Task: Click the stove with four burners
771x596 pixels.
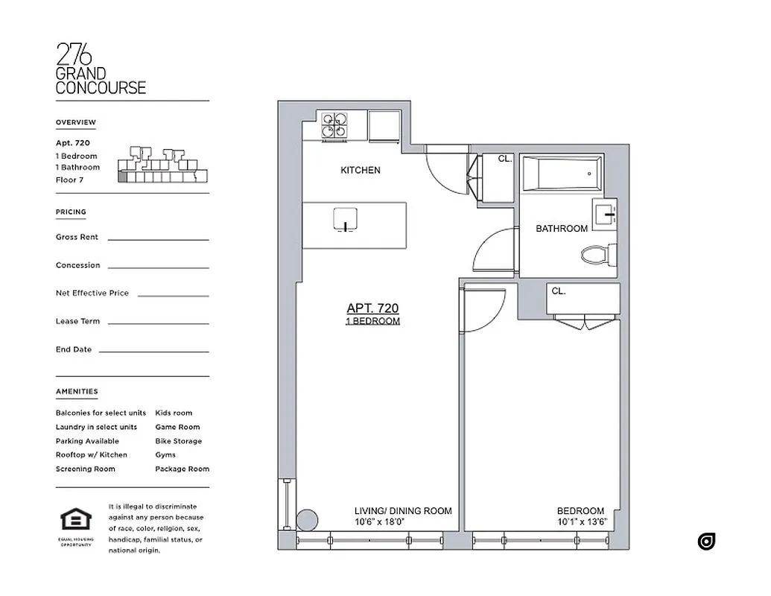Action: pos(334,126)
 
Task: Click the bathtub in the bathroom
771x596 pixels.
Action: pos(561,174)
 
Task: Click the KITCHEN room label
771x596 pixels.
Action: pos(361,171)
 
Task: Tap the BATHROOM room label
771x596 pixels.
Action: pos(562,229)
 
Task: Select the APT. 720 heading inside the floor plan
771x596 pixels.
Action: pos(372,308)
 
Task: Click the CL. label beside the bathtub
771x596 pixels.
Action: pos(504,159)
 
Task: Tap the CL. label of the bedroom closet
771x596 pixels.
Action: pos(558,291)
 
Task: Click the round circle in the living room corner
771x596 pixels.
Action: pos(306,519)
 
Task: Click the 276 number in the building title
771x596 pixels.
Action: pos(74,55)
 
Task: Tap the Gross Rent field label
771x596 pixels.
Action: pos(77,237)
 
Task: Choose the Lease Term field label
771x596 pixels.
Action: pos(77,321)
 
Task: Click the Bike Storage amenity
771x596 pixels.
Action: pos(178,441)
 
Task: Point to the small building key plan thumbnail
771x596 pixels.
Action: pos(161,165)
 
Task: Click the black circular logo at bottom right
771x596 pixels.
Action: pos(706,542)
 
